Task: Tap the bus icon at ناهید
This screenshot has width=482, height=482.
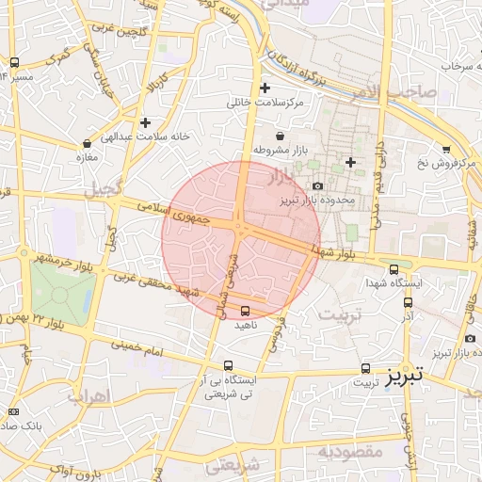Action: pyautogui.click(x=246, y=310)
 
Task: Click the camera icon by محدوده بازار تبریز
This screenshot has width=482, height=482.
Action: pyautogui.click(x=317, y=186)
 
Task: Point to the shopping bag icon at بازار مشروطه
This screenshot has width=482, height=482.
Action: pyautogui.click(x=281, y=137)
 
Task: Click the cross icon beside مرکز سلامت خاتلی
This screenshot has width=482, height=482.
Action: pyautogui.click(x=265, y=88)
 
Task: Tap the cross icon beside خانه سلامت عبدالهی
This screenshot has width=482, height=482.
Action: pyautogui.click(x=145, y=122)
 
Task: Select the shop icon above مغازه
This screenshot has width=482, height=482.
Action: pyautogui.click(x=87, y=144)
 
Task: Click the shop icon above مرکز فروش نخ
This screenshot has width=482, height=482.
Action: pyautogui.click(x=445, y=149)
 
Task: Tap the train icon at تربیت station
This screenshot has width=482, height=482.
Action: pyautogui.click(x=365, y=368)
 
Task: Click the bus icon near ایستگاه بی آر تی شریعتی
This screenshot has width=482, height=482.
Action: pyautogui.click(x=228, y=365)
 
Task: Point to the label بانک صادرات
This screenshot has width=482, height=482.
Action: pyautogui.click(x=28, y=426)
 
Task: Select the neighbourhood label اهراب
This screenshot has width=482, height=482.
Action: pyautogui.click(x=90, y=395)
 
